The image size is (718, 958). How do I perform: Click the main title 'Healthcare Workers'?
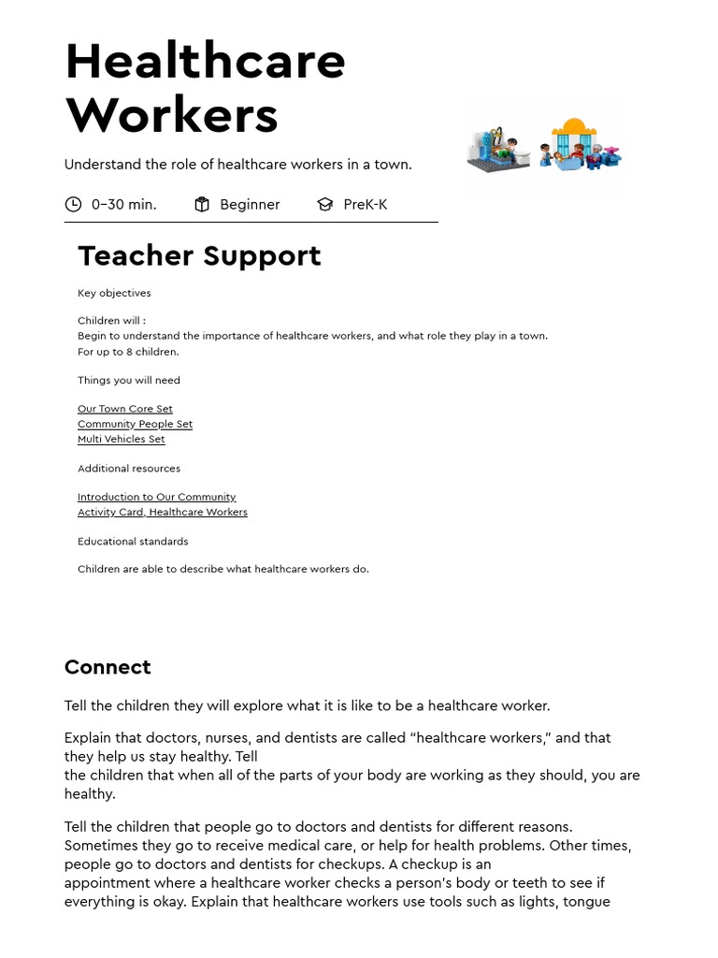(205, 88)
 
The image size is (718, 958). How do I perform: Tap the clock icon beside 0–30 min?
(73, 204)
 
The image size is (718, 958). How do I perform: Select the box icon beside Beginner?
(202, 204)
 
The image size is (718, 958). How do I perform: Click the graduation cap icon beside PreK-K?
(324, 204)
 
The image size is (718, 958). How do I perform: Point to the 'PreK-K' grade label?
(365, 204)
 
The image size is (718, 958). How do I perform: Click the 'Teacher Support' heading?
(199, 255)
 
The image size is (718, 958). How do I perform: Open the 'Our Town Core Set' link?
(124, 409)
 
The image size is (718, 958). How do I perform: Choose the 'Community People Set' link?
(135, 424)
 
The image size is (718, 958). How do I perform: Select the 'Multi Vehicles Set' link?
(121, 439)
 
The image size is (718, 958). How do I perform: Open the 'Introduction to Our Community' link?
(156, 497)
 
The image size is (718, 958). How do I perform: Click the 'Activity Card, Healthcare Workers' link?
(162, 512)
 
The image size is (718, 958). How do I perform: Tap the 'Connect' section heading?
(108, 667)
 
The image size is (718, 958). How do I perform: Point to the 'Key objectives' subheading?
(114, 293)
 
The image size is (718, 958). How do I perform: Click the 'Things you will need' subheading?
(129, 380)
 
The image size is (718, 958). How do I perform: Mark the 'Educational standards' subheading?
(133, 541)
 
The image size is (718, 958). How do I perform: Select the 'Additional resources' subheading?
(129, 468)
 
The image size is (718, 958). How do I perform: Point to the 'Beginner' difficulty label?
(250, 204)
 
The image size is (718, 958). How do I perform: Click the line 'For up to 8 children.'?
(128, 352)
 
